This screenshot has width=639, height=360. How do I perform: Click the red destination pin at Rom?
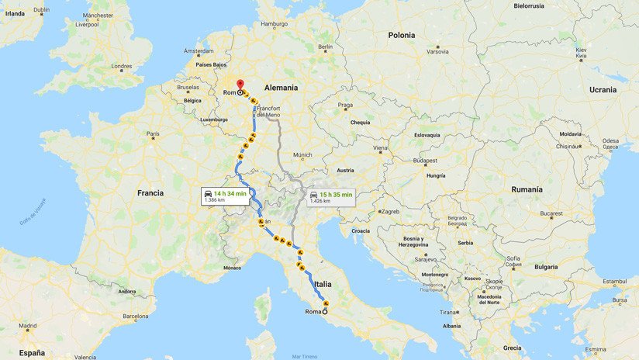pos(240,85)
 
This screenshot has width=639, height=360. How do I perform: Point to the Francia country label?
pos(150,192)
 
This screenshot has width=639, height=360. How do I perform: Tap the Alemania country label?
pos(281,87)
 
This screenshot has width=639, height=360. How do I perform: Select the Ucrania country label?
pos(603,89)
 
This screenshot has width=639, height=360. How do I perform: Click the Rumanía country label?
pos(527,189)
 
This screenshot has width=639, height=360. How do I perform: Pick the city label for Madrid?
pos(28,326)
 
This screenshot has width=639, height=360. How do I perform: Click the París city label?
pos(154,133)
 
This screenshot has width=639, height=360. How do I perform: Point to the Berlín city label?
pos(325,47)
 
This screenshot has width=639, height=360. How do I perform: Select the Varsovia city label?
pos(437,52)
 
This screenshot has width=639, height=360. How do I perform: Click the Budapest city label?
pos(425,160)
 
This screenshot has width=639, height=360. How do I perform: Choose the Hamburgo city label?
pos(274,24)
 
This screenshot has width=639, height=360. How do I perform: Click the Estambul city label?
pos(613,281)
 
